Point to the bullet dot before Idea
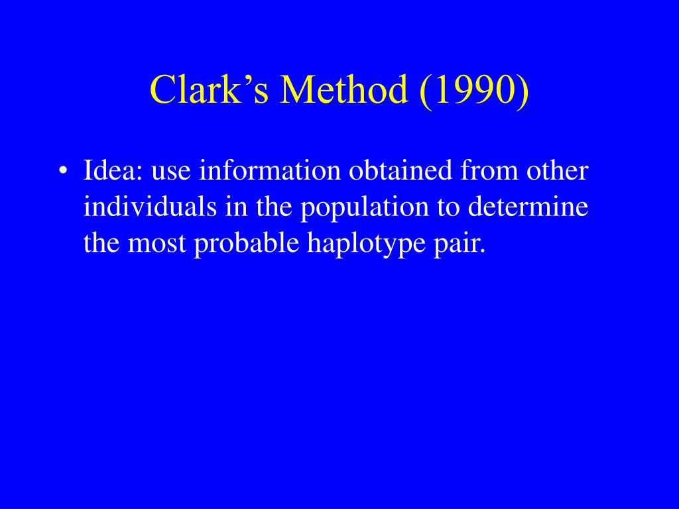coord(63,172)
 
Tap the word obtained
coord(401,172)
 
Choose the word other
coord(557,172)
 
